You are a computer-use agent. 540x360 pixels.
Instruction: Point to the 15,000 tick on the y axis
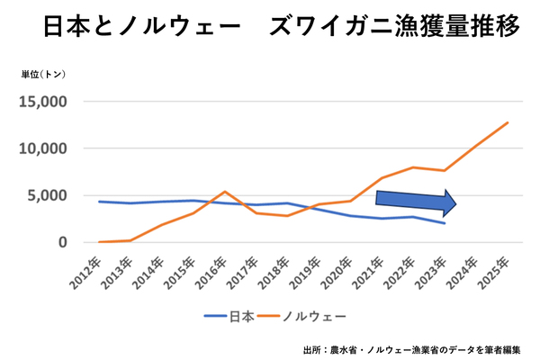42,102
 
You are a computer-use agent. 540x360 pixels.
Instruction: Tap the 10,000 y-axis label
42,148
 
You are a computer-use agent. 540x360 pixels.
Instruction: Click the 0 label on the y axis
63,242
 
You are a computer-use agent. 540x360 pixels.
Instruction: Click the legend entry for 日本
229,316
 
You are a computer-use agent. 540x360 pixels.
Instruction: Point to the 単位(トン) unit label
44,75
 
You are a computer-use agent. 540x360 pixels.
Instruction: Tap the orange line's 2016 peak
225,192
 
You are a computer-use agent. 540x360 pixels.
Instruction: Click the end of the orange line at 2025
508,122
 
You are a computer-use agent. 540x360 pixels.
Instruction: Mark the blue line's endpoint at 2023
444,223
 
